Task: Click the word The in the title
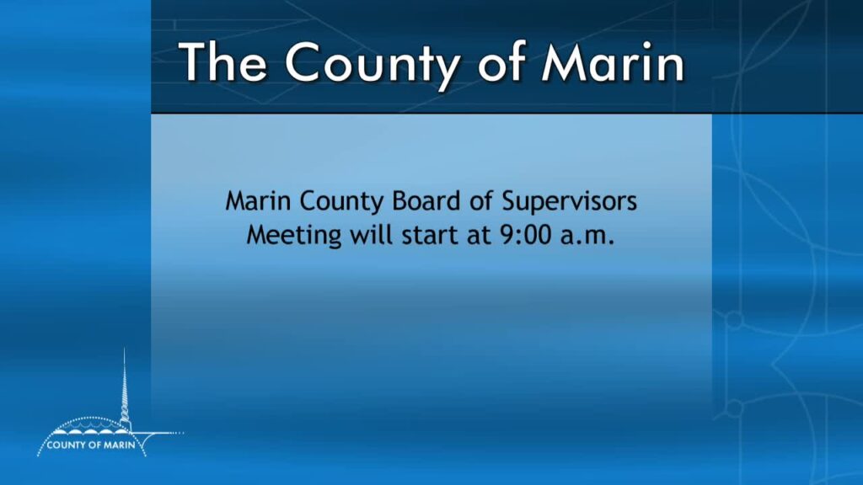pos(222,61)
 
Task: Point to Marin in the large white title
pos(613,62)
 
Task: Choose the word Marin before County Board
pos(258,201)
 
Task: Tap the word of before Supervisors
pos(481,200)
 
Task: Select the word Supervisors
pos(569,203)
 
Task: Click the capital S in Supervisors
pos(509,201)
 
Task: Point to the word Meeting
pos(294,237)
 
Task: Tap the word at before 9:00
pos(479,236)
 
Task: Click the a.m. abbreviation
pos(587,237)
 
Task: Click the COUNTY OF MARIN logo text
pos(91,445)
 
